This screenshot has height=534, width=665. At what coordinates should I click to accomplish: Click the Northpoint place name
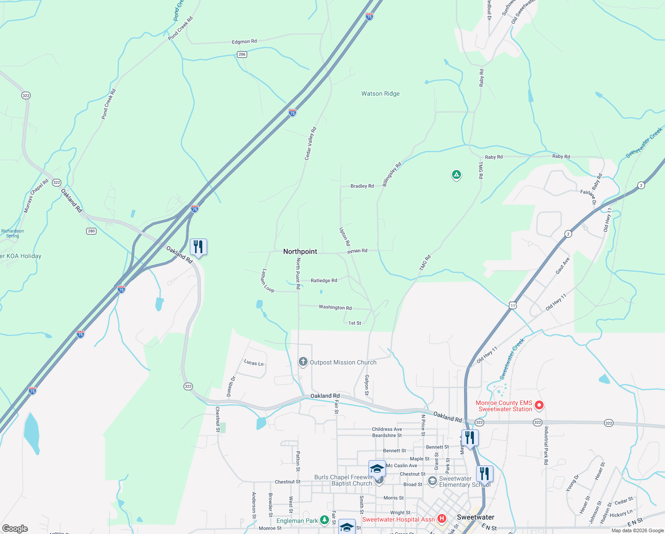[x=300, y=251]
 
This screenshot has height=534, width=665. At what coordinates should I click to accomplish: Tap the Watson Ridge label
[x=380, y=94]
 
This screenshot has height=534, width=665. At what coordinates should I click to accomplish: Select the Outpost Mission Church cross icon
[x=303, y=362]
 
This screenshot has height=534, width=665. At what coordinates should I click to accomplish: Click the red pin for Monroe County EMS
[x=539, y=405]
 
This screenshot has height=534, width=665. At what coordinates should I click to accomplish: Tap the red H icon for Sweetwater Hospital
[x=441, y=518]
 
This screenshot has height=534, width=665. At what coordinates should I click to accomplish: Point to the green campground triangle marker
[x=456, y=174]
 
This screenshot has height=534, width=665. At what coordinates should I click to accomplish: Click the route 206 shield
[x=242, y=54]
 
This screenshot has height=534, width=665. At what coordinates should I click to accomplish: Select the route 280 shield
[x=91, y=231]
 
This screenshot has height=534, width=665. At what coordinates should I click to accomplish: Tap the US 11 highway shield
[x=513, y=305]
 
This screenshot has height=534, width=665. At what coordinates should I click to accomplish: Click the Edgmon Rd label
[x=244, y=42]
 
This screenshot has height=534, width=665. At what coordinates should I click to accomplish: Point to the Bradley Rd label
[x=362, y=186]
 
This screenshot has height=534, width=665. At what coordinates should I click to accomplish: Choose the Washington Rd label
[x=335, y=307]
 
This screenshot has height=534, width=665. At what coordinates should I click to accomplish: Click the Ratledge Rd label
[x=324, y=280]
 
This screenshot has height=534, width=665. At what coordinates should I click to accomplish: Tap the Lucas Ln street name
[x=253, y=363]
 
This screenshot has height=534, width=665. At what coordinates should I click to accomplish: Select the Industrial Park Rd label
[x=546, y=445]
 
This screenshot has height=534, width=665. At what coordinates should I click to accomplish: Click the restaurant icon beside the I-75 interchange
[x=198, y=247]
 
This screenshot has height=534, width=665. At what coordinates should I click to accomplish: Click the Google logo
[x=15, y=528]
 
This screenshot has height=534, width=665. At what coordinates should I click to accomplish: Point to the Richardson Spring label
[x=12, y=233]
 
